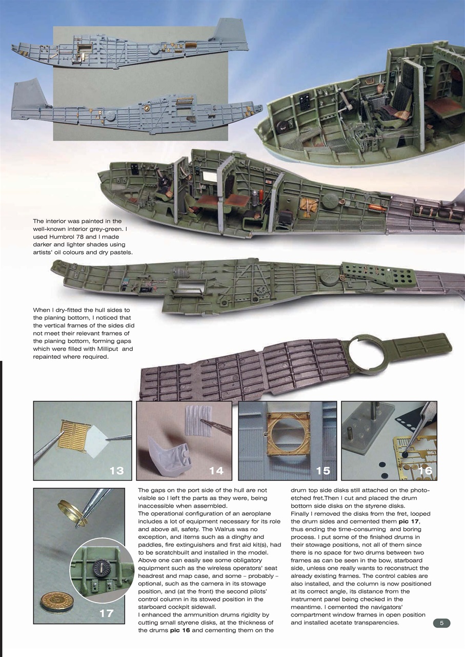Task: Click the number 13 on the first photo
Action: click(116, 470)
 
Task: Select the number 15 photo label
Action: click(323, 470)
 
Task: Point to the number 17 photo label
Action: click(106, 613)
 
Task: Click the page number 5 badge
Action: click(441, 623)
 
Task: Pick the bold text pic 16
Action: click(179, 630)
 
